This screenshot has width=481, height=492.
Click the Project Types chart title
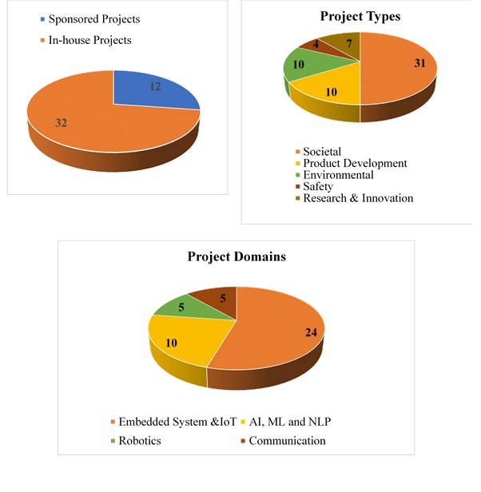click(360, 16)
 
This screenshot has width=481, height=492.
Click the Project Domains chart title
click(237, 256)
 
